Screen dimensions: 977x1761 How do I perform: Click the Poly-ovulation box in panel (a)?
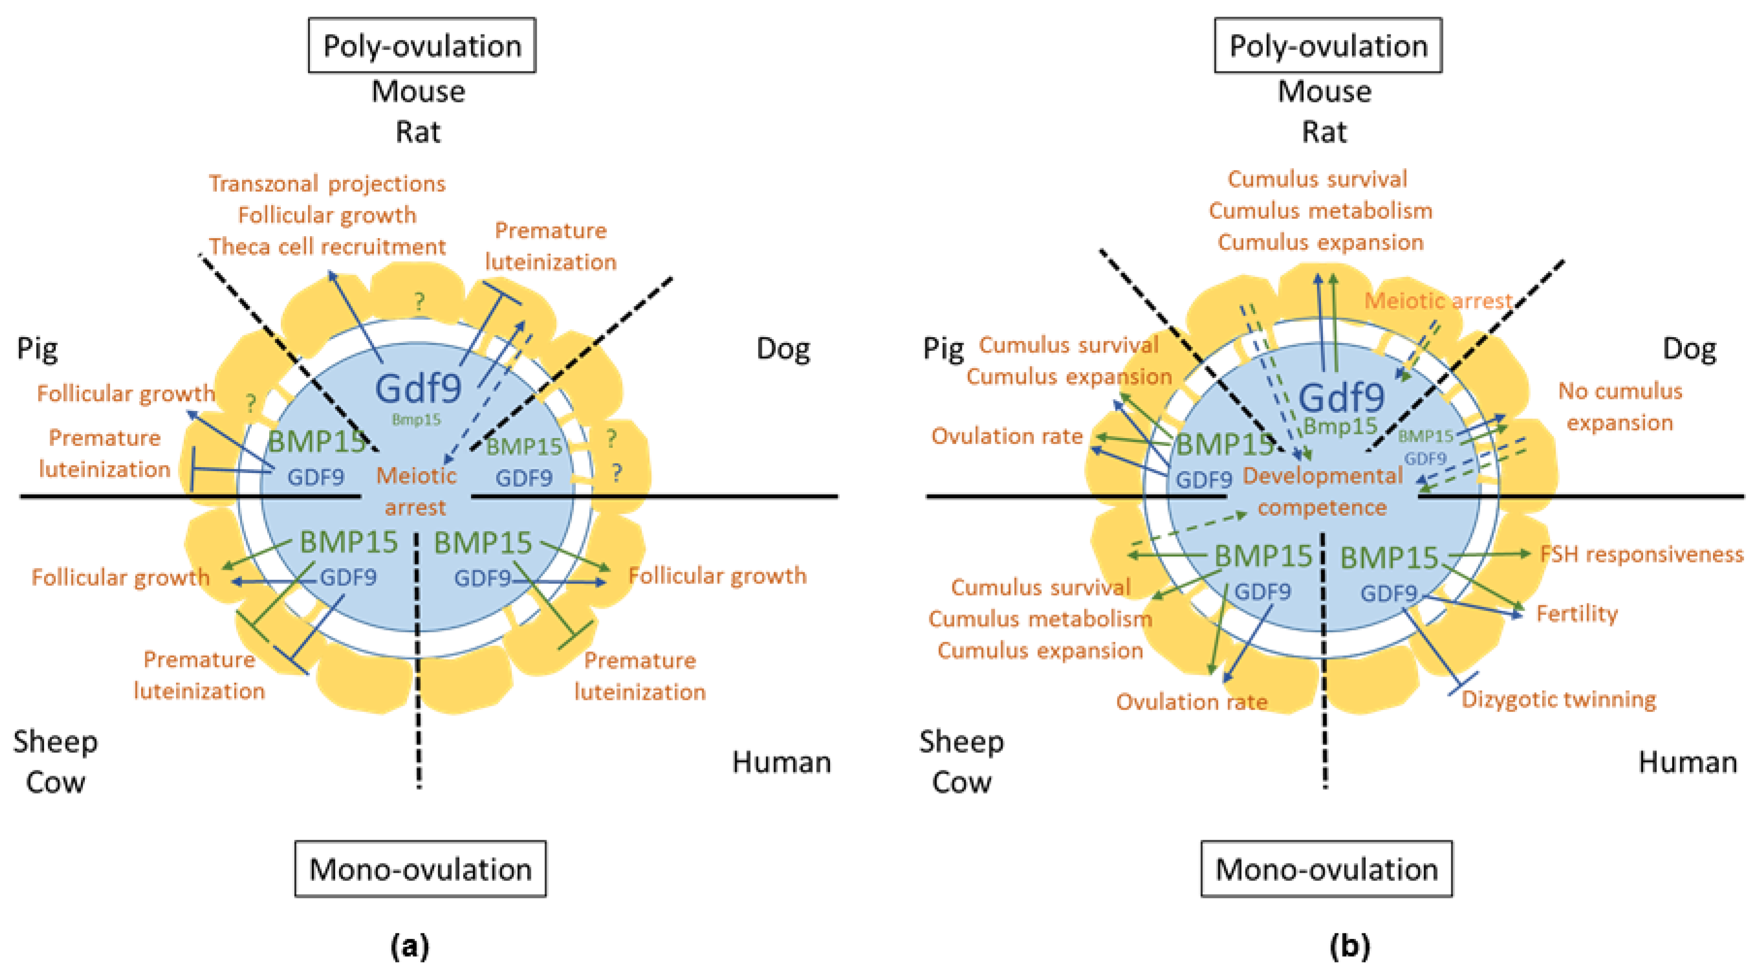(x=422, y=46)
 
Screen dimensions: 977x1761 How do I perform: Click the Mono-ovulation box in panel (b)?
(x=1326, y=869)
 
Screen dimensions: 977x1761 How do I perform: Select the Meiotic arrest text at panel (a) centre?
(x=416, y=491)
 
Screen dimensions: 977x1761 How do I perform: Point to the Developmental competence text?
(x=1322, y=491)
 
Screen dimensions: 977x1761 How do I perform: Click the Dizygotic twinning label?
(x=1559, y=700)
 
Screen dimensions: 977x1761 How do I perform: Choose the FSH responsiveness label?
(x=1641, y=554)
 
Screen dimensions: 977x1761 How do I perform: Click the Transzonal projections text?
(x=327, y=183)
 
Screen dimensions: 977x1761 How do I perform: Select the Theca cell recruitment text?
(x=327, y=246)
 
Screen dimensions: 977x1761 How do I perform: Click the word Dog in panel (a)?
(x=783, y=349)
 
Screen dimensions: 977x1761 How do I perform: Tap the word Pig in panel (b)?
(x=943, y=349)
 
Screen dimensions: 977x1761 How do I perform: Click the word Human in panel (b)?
(x=1687, y=762)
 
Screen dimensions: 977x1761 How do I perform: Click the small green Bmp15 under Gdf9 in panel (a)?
(x=416, y=420)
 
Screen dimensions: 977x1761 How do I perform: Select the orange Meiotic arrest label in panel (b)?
(x=1438, y=301)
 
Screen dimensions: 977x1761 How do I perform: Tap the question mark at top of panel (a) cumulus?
(x=419, y=301)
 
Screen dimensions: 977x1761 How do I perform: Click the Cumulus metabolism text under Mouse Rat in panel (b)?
(x=1320, y=211)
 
